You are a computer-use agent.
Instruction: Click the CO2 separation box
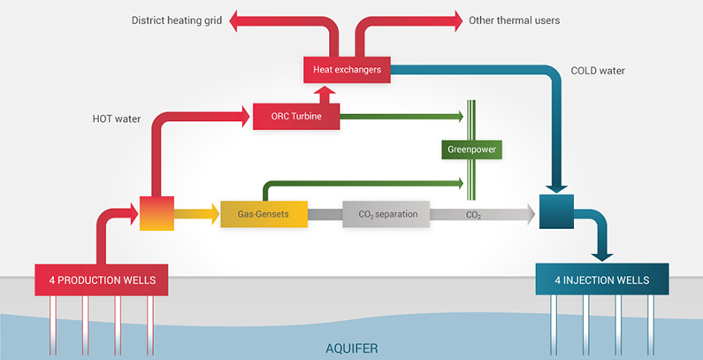(386, 214)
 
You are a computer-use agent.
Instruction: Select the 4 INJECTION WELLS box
(603, 280)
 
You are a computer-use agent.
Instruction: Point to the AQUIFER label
(351, 349)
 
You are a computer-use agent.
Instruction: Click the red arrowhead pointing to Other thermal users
(457, 19)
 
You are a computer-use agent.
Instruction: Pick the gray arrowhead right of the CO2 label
(530, 213)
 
